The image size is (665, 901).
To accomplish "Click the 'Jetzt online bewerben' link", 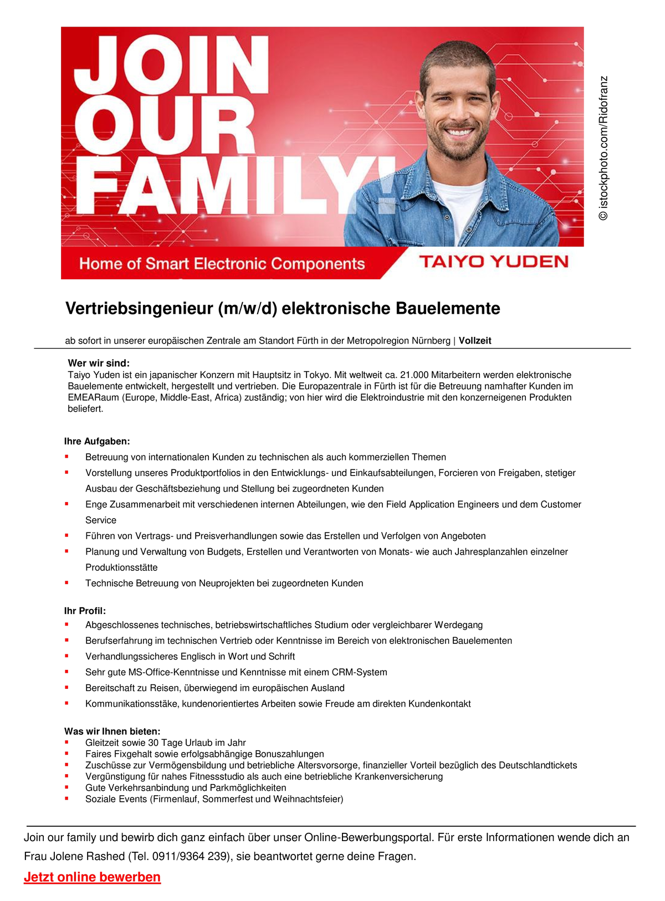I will [92, 877].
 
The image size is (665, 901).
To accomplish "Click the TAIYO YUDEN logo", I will [493, 262].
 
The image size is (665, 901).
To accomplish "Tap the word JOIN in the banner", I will [171, 68].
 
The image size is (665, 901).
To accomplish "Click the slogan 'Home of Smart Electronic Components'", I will [222, 264].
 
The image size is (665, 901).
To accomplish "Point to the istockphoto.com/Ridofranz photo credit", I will [603, 148].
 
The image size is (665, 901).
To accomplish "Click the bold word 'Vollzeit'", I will [475, 341].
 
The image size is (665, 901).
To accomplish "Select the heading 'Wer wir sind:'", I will [99, 364].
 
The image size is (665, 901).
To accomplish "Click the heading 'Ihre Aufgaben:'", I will [97, 442].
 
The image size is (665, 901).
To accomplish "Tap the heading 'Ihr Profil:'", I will [85, 611].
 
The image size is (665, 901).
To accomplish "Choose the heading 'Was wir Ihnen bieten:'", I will [112, 731].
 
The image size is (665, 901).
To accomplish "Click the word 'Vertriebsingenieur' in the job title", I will [139, 309].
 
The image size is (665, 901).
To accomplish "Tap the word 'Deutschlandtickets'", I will [538, 765].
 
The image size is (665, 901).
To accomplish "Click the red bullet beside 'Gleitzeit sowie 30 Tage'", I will [67, 742].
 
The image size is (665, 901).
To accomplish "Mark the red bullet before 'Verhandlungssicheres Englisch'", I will [67, 656].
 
